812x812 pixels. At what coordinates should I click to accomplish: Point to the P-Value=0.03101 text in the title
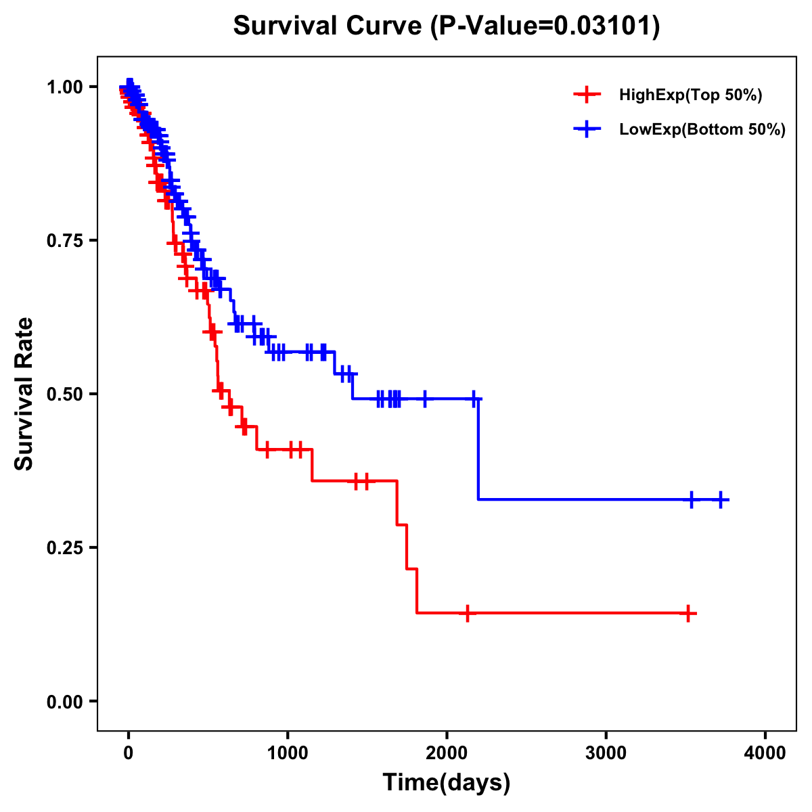pos(547,26)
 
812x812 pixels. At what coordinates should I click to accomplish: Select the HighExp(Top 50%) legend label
pos(691,95)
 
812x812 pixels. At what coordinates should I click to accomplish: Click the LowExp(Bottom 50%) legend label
pos(702,130)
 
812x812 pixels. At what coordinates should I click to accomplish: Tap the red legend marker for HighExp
pos(587,95)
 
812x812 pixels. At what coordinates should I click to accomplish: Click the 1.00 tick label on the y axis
pos(64,87)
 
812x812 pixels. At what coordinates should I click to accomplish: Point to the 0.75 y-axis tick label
pos(64,241)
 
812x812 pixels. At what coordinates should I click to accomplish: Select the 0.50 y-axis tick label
pos(64,394)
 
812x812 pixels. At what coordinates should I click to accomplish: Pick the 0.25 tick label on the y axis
pos(64,548)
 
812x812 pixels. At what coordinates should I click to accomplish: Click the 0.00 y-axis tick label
pos(64,702)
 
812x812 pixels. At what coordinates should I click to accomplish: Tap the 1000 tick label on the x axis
pos(288,753)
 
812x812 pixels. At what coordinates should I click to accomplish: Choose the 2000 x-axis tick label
pos(447,753)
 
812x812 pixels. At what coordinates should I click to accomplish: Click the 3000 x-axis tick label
pos(606,753)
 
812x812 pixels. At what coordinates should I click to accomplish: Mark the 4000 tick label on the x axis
pos(765,753)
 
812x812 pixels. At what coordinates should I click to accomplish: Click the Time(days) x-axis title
pos(447,783)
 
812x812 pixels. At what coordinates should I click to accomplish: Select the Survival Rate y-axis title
pos(24,394)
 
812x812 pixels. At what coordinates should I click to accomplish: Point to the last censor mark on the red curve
pos(687,614)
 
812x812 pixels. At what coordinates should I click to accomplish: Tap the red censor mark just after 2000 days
pos(467,613)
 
